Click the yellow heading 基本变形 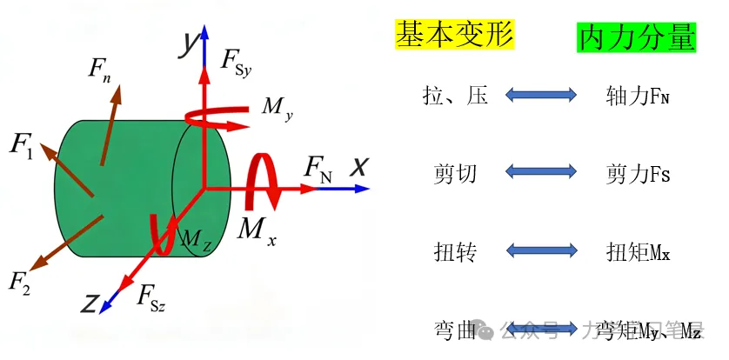point(455,35)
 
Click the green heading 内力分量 point(637,37)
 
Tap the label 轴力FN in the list point(637,97)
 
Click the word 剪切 point(455,174)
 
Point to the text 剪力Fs point(637,174)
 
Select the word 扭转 point(455,252)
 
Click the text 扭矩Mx point(637,253)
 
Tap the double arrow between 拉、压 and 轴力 point(541,94)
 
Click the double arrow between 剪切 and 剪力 point(541,173)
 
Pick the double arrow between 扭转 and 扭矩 point(541,251)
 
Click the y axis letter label point(186,44)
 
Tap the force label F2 point(20,282)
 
